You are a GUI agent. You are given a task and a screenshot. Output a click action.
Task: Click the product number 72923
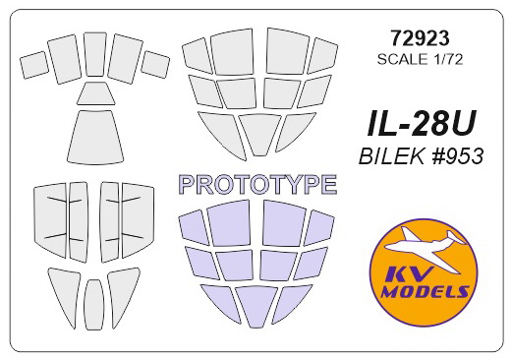(x=420, y=38)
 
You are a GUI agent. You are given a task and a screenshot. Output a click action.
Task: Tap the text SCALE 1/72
(x=420, y=60)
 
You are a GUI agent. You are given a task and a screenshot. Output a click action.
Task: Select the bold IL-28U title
(x=421, y=125)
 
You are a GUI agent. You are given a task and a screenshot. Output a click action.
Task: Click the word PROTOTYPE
(x=258, y=185)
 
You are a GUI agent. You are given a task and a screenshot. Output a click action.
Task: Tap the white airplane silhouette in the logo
(x=426, y=248)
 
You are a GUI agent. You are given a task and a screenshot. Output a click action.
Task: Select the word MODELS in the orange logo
(x=425, y=291)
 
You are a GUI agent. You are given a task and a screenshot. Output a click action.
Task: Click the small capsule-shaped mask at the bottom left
(x=94, y=305)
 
